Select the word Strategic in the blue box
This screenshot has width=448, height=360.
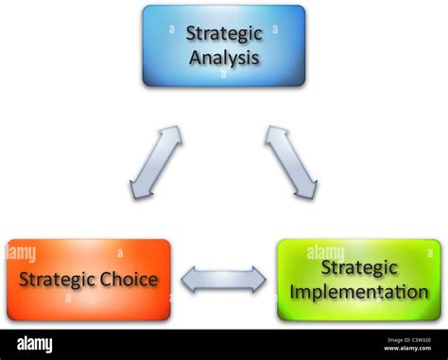[x=223, y=34]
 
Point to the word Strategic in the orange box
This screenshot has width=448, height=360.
[x=58, y=280]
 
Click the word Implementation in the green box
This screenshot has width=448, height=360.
[x=360, y=291]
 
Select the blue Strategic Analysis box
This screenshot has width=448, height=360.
[x=224, y=45]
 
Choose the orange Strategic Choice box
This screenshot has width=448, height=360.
[x=89, y=280]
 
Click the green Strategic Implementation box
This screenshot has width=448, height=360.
[x=359, y=280]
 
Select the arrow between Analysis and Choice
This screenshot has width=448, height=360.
[x=157, y=162]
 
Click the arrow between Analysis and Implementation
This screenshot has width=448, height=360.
[x=290, y=162]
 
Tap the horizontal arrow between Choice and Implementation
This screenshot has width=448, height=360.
[x=224, y=280]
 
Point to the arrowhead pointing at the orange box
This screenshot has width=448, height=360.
[x=188, y=280]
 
